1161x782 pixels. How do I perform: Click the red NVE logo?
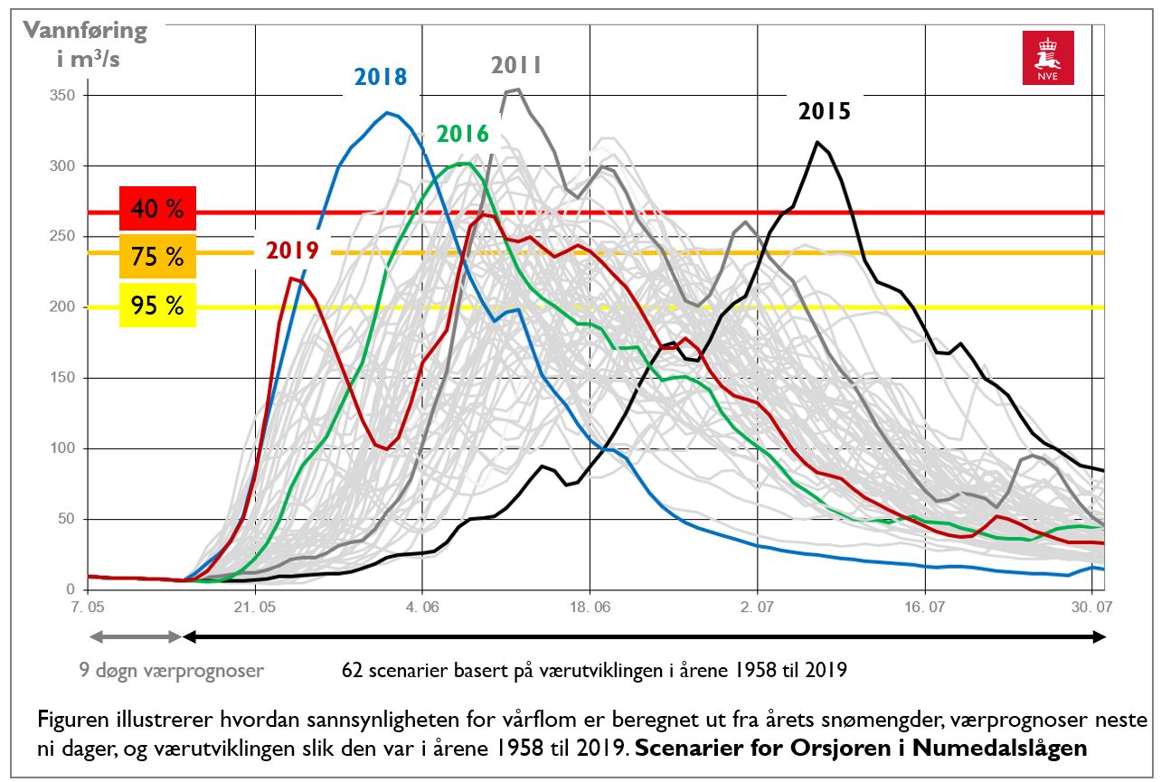[1048, 58]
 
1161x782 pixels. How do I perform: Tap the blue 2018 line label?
[380, 77]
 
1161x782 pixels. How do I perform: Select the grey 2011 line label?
[515, 65]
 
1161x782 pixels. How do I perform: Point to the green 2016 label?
[462, 134]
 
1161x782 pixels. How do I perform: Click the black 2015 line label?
[824, 111]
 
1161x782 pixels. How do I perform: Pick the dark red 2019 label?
[292, 250]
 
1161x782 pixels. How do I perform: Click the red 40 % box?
[156, 210]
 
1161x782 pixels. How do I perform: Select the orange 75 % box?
[156, 257]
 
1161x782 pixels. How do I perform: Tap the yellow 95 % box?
[156, 305]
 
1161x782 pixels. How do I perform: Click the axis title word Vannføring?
[85, 31]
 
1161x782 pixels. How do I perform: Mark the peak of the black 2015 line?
[816, 142]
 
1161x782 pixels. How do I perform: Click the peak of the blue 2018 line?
[387, 113]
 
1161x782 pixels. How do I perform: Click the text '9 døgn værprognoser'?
[170, 671]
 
